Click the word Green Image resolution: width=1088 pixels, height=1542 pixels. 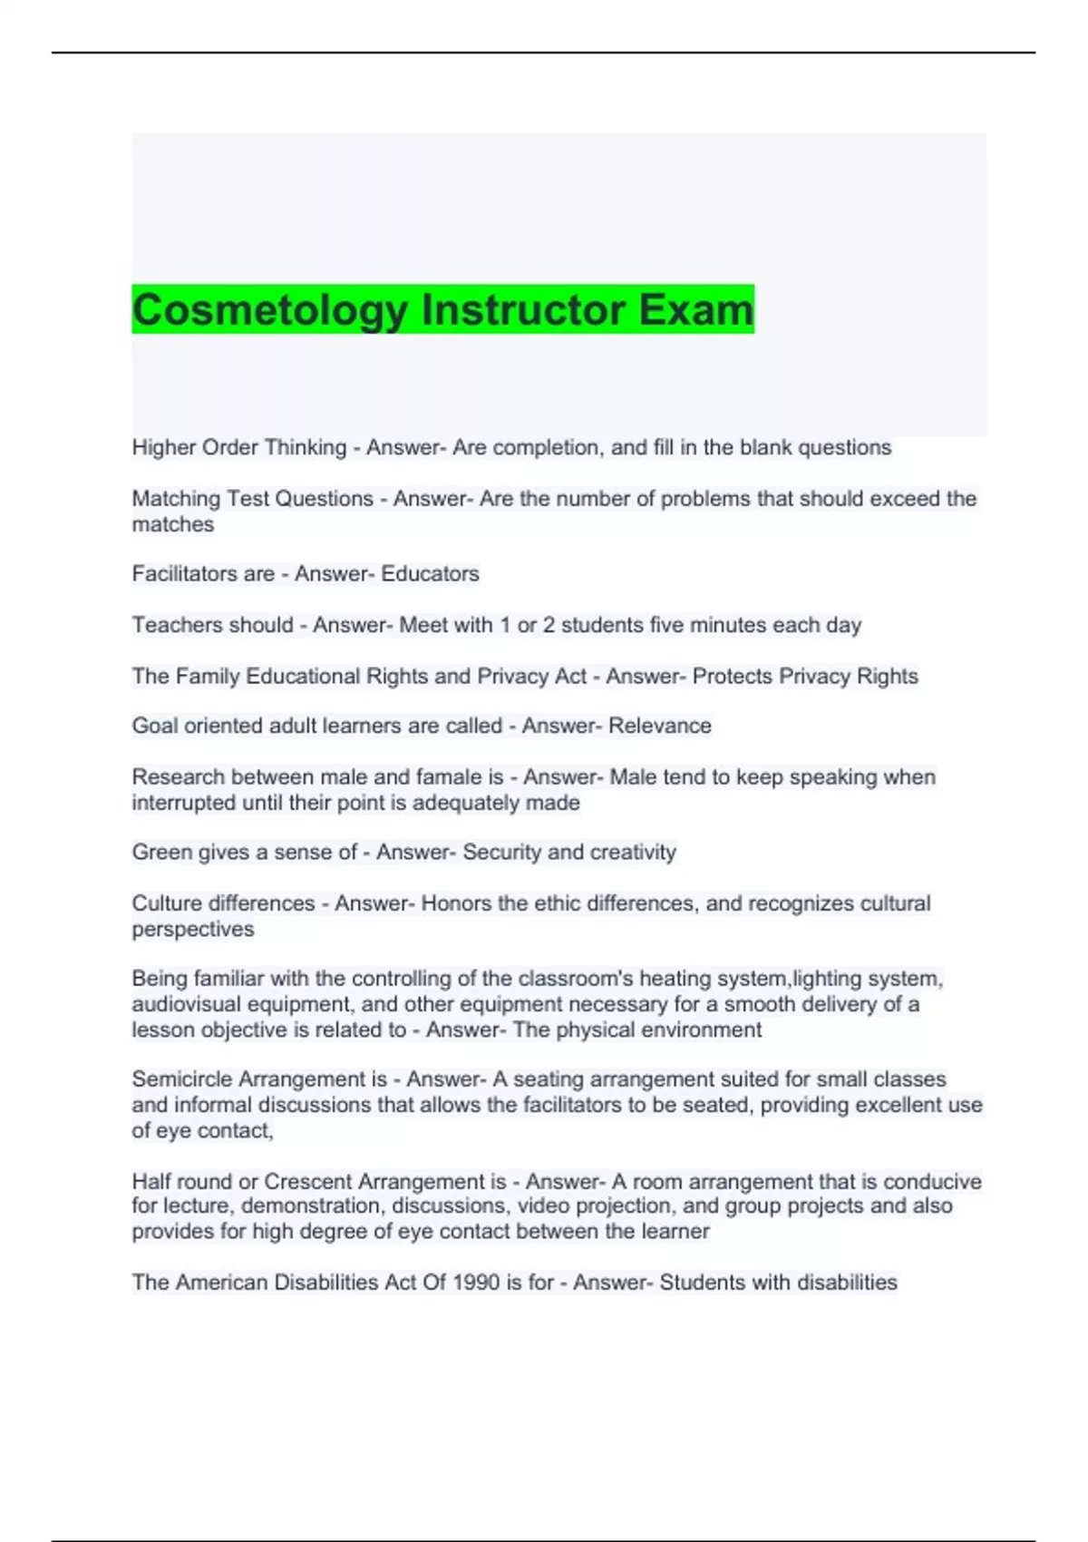(x=160, y=852)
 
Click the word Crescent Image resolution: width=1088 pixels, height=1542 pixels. (x=308, y=1181)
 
